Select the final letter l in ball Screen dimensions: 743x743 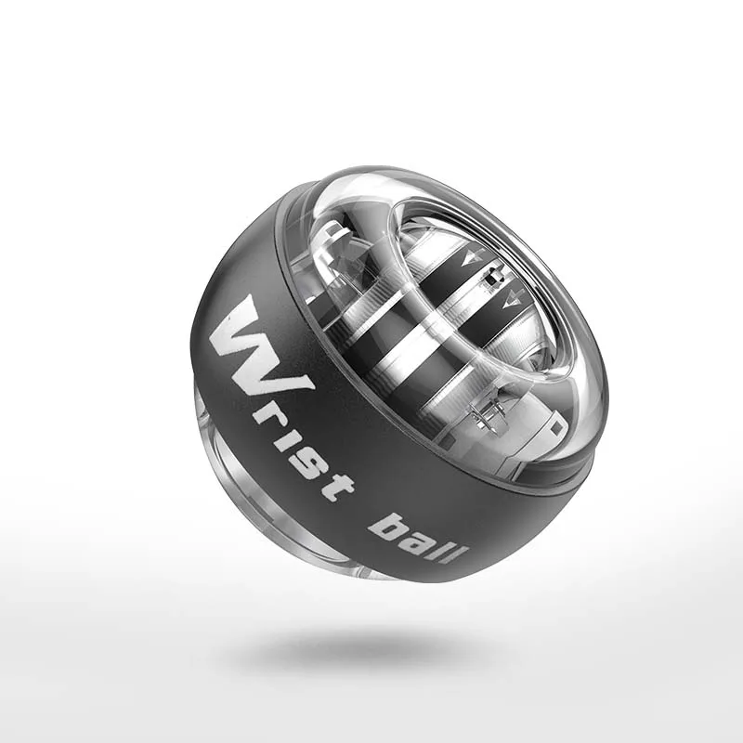[x=457, y=554]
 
